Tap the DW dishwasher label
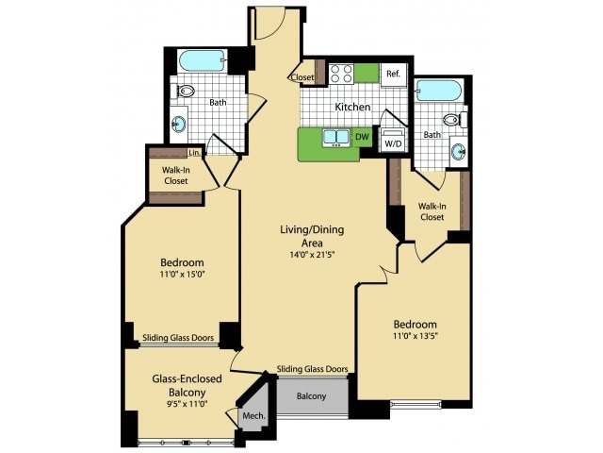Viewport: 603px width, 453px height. point(362,138)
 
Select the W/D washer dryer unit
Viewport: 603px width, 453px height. point(393,143)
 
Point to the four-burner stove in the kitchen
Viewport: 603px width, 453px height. point(340,73)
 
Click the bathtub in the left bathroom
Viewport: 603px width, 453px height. point(202,60)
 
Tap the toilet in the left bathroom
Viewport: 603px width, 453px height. point(185,92)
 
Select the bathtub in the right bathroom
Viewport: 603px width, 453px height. point(438,91)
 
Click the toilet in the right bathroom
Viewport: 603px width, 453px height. point(453,120)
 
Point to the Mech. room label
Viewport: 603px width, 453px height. point(253,416)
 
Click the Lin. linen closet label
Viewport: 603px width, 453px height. point(194,153)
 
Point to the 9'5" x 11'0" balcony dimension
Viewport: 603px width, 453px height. point(179,404)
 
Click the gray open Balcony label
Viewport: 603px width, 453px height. point(311,395)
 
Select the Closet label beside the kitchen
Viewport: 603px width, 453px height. point(302,77)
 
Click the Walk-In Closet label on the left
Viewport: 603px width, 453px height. point(175,177)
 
